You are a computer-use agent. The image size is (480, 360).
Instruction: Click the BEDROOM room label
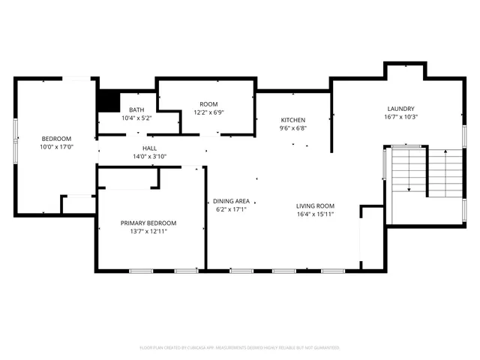point(56,139)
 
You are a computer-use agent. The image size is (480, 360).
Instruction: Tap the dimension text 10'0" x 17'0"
point(56,147)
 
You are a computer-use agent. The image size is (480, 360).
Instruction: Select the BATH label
point(136,109)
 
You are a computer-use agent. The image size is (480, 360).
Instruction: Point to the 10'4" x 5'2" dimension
point(136,118)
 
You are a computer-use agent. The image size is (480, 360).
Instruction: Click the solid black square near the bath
point(110,100)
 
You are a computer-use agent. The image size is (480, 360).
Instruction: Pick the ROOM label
point(208,104)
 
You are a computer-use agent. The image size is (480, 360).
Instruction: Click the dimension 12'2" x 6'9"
point(208,112)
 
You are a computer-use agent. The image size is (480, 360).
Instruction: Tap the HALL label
point(150,148)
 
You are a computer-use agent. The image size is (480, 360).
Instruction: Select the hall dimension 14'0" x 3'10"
point(150,157)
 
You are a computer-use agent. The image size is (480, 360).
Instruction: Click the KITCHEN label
point(292,120)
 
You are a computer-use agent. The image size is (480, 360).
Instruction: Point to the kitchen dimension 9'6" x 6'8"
point(292,128)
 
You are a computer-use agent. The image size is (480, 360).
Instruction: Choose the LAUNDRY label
point(400,109)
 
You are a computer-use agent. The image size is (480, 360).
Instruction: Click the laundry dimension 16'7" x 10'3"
point(400,117)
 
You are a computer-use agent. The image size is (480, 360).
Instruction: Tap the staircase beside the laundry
point(424,171)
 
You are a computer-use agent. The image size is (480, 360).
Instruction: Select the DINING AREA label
point(232,201)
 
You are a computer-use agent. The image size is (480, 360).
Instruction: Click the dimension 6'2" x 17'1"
point(232,209)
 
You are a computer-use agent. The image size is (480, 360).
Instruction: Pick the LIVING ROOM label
point(315,205)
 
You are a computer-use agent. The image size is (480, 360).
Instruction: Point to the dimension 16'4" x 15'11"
point(315,214)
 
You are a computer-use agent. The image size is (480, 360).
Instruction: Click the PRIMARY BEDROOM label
point(148,223)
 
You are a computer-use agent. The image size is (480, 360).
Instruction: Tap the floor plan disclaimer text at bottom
point(240,348)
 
